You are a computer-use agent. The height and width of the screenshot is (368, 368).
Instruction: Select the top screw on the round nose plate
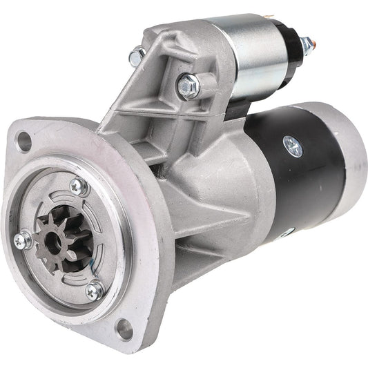click(x=78, y=185)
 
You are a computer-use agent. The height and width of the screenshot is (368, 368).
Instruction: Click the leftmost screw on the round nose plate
click(x=23, y=240)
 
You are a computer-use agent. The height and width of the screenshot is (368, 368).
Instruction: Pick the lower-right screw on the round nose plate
click(x=93, y=291)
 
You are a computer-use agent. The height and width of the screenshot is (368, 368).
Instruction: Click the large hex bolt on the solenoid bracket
click(x=188, y=86)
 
